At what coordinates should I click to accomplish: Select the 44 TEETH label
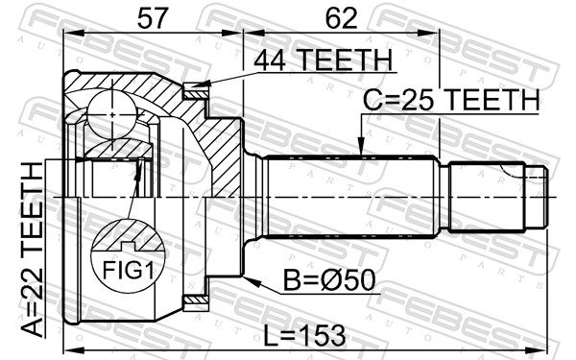coord(324,60)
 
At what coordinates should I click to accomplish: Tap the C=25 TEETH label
coord(451,99)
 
